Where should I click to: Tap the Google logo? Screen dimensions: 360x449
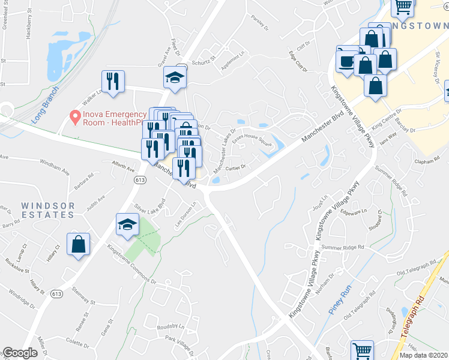(x=20, y=353)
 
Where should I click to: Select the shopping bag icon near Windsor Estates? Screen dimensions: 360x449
(x=79, y=244)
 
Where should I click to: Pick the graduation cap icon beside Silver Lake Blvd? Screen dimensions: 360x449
(x=127, y=224)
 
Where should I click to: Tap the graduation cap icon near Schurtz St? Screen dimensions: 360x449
(x=175, y=77)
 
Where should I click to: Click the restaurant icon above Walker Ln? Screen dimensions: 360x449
(x=113, y=82)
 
